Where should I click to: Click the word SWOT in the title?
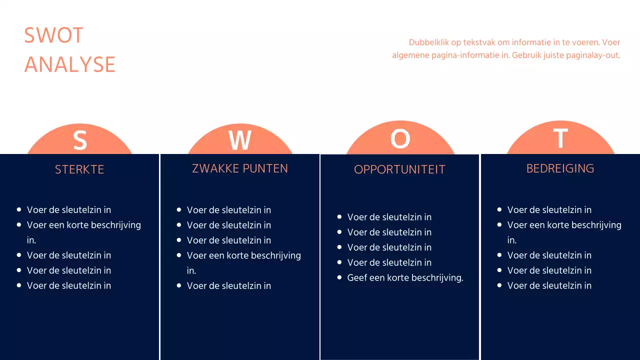(x=53, y=35)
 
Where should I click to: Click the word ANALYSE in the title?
(x=69, y=65)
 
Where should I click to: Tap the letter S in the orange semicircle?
(x=80, y=140)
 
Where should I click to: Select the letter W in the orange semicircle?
(x=240, y=140)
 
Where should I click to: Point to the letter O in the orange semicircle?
(x=400, y=138)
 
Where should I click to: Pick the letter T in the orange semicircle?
(x=560, y=138)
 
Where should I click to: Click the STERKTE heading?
(x=79, y=169)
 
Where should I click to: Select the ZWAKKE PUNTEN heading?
(x=240, y=168)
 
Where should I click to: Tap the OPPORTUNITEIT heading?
(x=399, y=169)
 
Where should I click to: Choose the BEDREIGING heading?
(x=560, y=168)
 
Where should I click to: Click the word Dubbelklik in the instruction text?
(x=428, y=42)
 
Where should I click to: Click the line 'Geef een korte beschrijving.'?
(x=405, y=277)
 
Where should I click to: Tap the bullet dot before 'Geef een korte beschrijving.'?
(x=339, y=277)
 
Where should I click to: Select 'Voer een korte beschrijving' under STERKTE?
(x=84, y=225)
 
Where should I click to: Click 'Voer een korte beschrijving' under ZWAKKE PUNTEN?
(x=244, y=255)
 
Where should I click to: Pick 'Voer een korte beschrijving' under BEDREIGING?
(x=564, y=225)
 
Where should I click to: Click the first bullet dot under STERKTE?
(x=19, y=210)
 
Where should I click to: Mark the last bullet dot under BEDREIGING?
(x=499, y=285)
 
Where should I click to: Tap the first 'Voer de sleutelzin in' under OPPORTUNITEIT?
(x=389, y=217)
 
